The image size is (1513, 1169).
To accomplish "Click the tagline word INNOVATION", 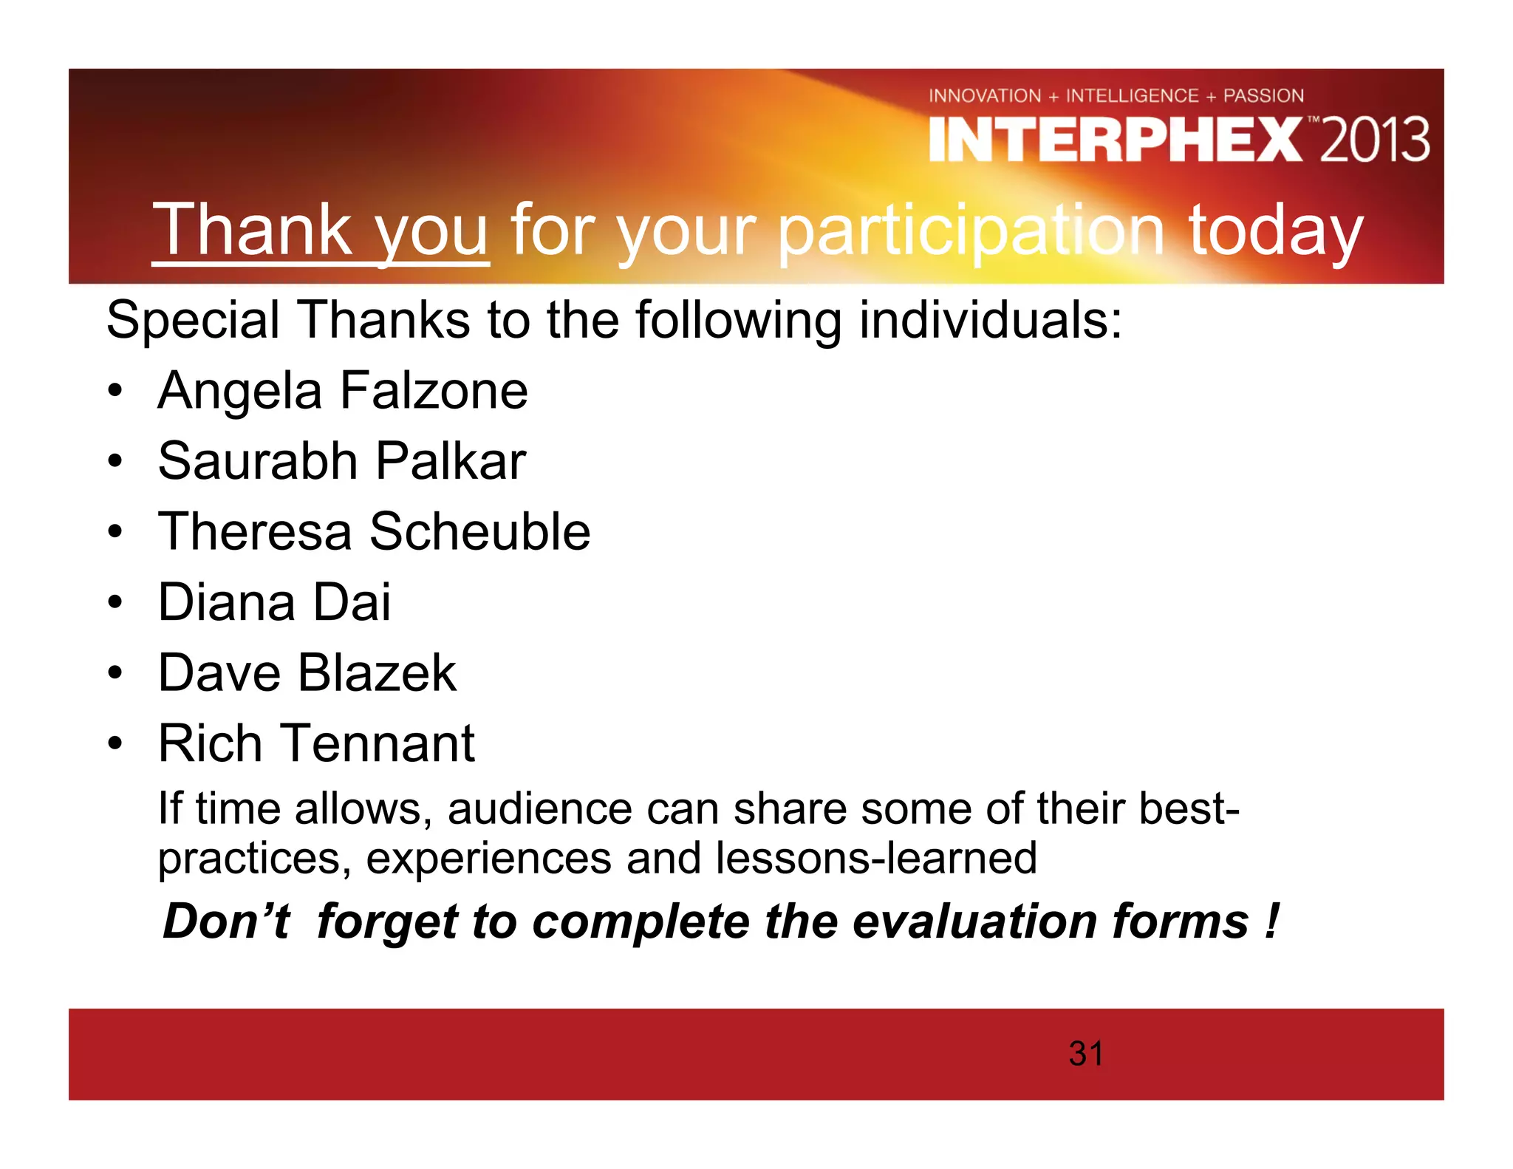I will click(984, 96).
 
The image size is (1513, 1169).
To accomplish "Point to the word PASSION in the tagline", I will click(1263, 96).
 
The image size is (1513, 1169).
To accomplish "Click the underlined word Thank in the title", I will click(251, 231).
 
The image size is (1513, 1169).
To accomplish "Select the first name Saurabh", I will click(258, 461).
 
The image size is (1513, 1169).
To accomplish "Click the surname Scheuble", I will click(479, 531).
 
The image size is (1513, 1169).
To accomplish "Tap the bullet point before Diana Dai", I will click(115, 603).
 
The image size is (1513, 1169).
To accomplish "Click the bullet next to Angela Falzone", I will click(115, 392).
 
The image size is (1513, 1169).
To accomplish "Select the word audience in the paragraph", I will click(539, 809).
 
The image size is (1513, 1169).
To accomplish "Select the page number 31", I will click(1085, 1054).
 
